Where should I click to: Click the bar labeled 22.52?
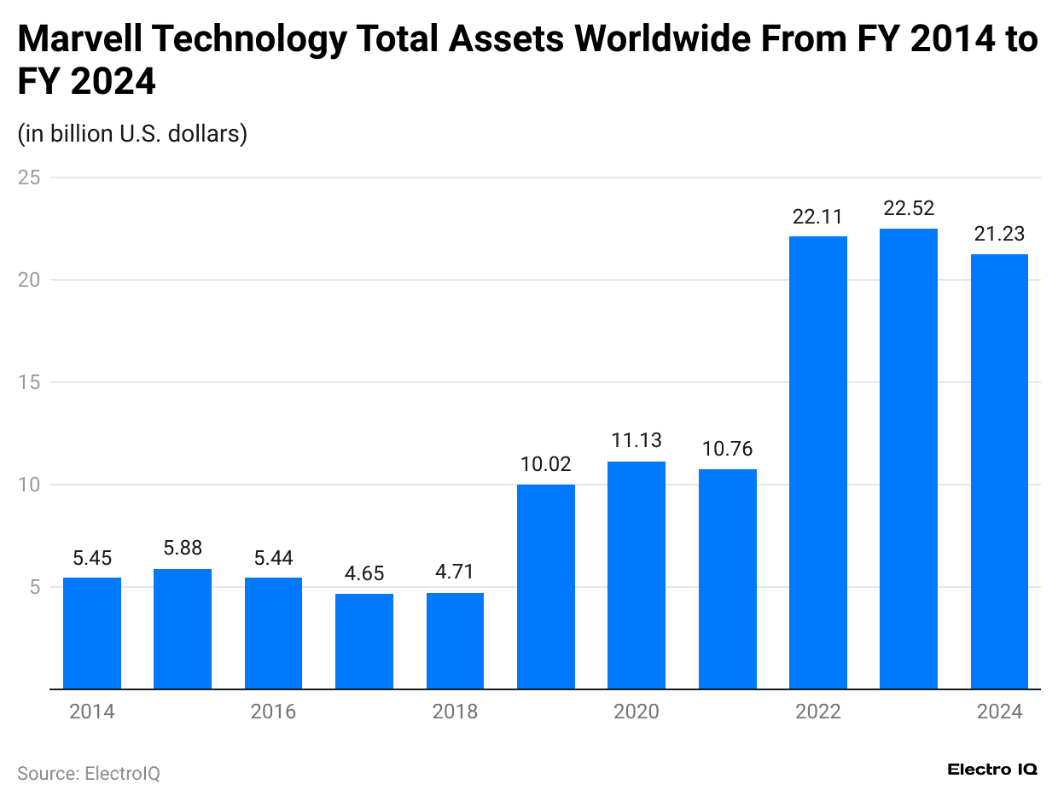[909, 458]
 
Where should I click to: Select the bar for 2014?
[92, 633]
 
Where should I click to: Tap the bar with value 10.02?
[546, 586]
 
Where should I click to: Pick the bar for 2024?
[999, 471]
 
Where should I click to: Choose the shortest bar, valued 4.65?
[364, 641]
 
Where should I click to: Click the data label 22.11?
[818, 217]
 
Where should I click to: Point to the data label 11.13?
[637, 440]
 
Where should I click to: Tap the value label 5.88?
[183, 548]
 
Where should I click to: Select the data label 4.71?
[455, 572]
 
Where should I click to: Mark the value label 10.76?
[727, 448]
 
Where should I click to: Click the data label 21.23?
[999, 234]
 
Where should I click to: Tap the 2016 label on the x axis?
[273, 712]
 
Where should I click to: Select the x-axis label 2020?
[637, 712]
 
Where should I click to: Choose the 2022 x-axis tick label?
[818, 712]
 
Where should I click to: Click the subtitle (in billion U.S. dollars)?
[132, 134]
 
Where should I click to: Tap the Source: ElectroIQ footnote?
[89, 773]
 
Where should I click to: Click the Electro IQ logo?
[992, 769]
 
